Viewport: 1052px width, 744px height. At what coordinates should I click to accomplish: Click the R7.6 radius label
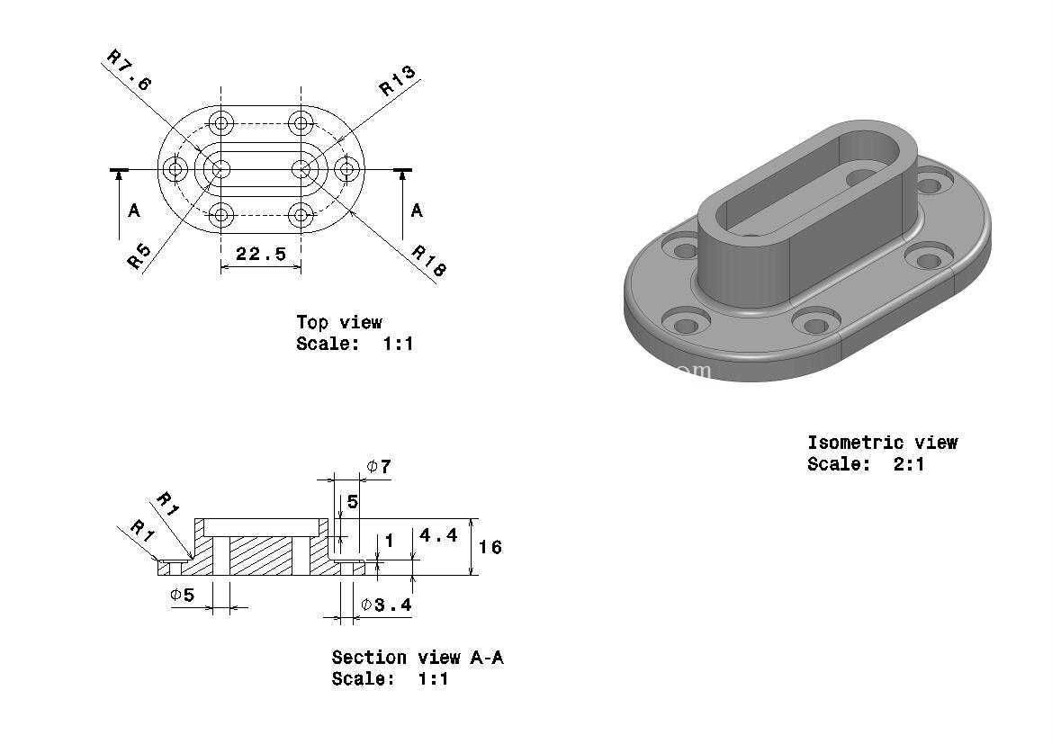tap(130, 70)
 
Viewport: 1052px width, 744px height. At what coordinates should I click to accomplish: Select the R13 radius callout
tap(397, 80)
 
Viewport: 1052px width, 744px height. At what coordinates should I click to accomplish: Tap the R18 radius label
tap(428, 261)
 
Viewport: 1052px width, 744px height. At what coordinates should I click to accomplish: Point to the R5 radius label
tap(139, 255)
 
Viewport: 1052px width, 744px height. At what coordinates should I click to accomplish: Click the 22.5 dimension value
tap(261, 254)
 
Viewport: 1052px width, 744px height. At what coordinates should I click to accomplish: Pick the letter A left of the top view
tap(134, 211)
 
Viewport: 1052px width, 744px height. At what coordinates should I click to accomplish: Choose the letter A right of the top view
tap(417, 211)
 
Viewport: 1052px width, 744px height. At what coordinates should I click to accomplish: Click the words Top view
tap(339, 323)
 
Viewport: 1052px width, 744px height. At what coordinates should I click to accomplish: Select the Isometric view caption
tap(882, 443)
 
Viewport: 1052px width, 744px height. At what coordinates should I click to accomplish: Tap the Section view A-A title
tap(418, 658)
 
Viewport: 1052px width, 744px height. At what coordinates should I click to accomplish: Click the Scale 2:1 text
tap(866, 464)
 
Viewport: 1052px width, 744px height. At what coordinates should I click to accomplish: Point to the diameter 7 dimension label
tap(379, 466)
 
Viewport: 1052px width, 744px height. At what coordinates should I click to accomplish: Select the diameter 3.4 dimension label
tap(386, 605)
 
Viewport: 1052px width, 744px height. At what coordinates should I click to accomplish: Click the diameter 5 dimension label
tap(182, 595)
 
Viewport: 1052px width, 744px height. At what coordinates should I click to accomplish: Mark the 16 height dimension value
tap(490, 548)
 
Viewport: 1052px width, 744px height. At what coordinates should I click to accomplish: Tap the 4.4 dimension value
tap(438, 535)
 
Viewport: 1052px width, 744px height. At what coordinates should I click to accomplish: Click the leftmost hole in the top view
tap(176, 170)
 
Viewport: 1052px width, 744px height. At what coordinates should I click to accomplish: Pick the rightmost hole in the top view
tap(346, 170)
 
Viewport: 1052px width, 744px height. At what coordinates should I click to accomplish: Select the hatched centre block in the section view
tap(262, 556)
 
